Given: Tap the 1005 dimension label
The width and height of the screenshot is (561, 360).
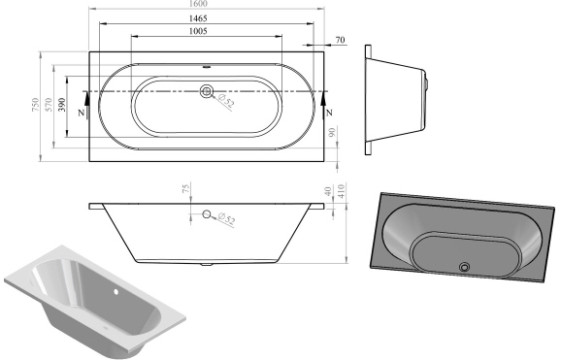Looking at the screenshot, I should point(205,33).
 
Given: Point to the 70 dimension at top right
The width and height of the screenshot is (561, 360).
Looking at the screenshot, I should point(339,40).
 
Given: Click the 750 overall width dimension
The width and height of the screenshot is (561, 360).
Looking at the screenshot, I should point(34,105).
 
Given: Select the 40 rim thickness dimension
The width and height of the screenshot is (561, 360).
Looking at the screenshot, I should point(328,192).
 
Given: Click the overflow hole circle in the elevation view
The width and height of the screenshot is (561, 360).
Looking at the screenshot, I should point(206,214).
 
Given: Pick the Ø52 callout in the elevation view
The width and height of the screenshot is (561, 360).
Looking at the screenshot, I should point(225,221).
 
